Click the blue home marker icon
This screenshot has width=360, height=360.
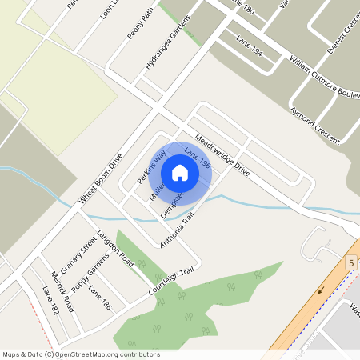click(180, 172)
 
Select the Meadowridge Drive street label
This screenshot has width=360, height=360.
click(222, 153)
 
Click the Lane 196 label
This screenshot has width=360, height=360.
click(197, 158)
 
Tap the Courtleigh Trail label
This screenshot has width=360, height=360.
click(171, 283)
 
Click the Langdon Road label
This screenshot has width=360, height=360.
click(114, 247)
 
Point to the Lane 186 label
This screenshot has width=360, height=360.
click(101, 297)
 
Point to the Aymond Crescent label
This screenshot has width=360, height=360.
click(315, 125)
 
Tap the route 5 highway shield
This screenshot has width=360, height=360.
click(350, 262)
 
